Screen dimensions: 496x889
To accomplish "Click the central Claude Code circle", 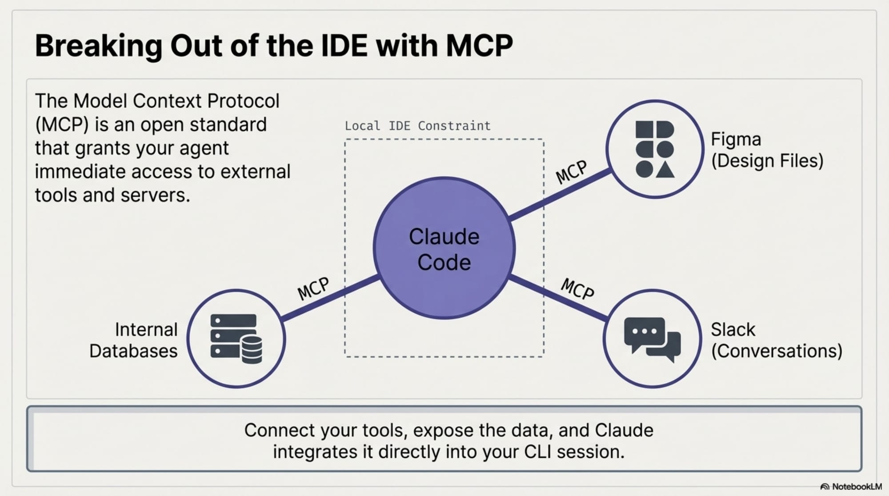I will pos(444,248).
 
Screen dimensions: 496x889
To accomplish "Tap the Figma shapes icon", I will pos(655,149).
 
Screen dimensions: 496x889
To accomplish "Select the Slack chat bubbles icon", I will pos(652,339).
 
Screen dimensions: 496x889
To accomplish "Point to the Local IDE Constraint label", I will pos(417,126).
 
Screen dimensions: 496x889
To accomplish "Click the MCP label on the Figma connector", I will pos(572,172).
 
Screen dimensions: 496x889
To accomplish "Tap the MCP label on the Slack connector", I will pos(577,288).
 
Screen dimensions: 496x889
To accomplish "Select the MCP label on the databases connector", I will pos(313,288).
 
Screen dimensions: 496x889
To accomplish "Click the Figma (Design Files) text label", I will pos(767,150).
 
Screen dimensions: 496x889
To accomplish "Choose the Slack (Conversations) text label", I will pos(776,340).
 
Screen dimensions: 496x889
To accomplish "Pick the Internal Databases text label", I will pos(133,340).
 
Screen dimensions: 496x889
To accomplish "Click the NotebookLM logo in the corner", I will pos(851,487).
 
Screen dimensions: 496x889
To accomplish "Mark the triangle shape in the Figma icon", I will pos(665,170).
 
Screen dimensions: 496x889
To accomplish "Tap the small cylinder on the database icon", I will pos(252,349).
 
